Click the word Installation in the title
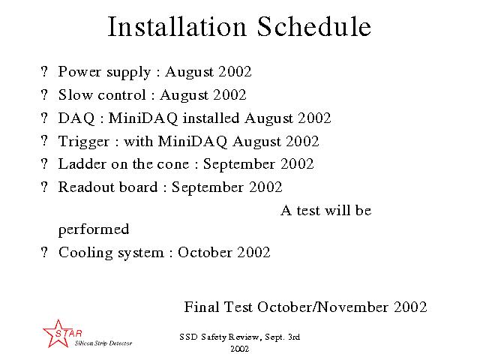(177, 27)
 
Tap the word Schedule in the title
(314, 27)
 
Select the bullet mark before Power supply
(44, 71)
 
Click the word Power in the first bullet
(79, 72)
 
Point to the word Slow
(75, 95)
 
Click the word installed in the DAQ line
(211, 118)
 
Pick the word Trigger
(83, 142)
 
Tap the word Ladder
(82, 164)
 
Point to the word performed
(94, 230)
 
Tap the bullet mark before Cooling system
(44, 253)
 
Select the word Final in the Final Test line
(202, 307)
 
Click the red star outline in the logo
(57, 334)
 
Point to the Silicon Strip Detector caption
(103, 343)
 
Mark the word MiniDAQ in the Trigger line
(193, 142)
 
